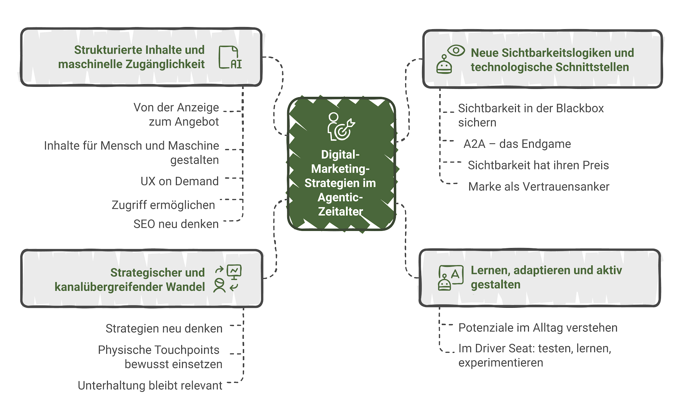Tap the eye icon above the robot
pos(456,50)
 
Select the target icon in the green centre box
pos(341,127)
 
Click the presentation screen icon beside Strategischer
pos(234,271)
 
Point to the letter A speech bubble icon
pos(454,274)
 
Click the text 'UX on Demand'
pos(180,181)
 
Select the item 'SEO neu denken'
pos(176,224)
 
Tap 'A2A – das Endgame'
pos(517,144)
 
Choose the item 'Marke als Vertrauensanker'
pos(539,186)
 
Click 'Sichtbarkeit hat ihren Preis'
pos(538,165)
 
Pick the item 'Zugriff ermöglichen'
pos(163,205)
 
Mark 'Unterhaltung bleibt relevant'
pos(150,385)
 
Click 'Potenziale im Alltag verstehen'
pos(538,327)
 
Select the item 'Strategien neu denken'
pos(164,328)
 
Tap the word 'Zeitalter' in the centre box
pos(340,211)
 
